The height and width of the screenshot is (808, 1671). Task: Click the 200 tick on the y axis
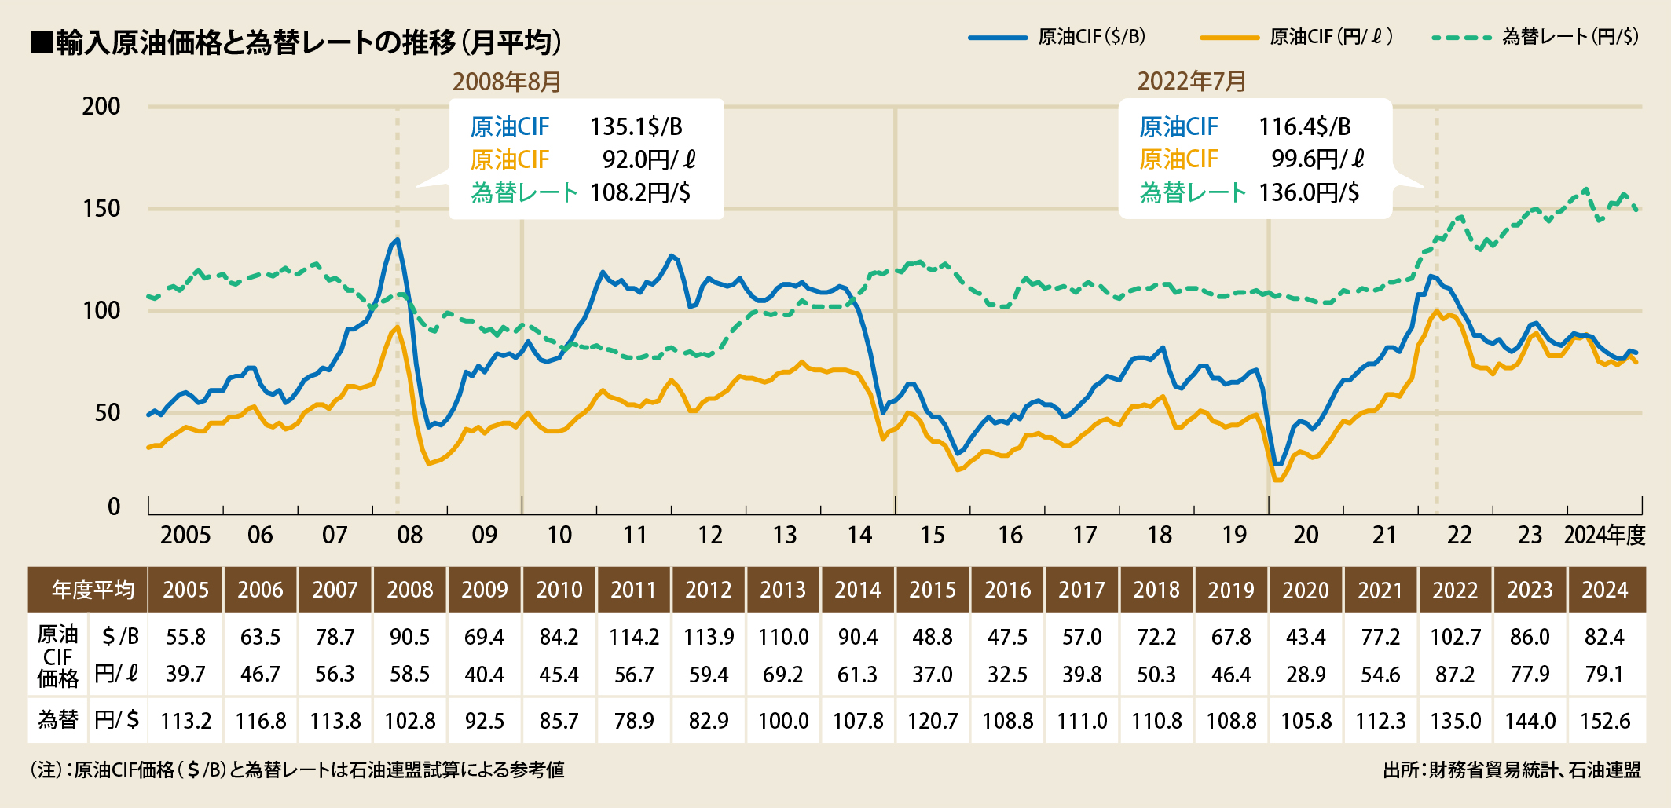(x=101, y=106)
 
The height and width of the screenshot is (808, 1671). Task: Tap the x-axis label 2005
(x=185, y=535)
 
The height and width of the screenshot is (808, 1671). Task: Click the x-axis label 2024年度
(x=1604, y=535)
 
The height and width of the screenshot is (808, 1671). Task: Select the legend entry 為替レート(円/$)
(x=1570, y=37)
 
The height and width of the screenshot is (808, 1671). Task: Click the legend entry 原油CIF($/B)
(x=1091, y=37)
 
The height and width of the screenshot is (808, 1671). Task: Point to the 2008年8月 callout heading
(x=507, y=81)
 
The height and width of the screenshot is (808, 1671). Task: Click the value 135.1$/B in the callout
(x=636, y=126)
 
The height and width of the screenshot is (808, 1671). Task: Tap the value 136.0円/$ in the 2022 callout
(x=1309, y=192)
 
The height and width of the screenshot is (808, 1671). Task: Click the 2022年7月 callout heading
(x=1192, y=81)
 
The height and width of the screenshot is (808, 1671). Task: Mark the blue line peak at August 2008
(x=398, y=239)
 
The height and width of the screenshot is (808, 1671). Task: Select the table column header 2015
(x=933, y=590)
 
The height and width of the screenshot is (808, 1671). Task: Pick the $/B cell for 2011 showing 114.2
(x=634, y=637)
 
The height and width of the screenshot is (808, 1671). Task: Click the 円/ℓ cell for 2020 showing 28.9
(x=1306, y=674)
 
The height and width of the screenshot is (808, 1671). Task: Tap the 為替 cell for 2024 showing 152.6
(x=1605, y=720)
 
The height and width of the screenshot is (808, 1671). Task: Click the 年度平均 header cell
(x=93, y=590)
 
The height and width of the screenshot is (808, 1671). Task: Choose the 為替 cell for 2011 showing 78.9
(x=634, y=720)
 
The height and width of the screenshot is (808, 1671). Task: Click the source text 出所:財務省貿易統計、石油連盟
(x=1512, y=770)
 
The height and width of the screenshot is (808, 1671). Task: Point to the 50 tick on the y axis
(x=108, y=412)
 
